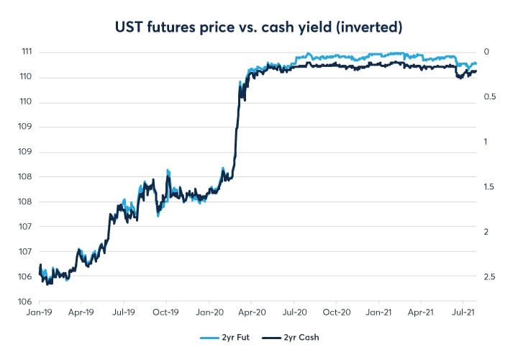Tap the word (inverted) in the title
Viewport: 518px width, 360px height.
click(x=368, y=27)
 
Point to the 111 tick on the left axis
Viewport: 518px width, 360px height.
click(x=24, y=52)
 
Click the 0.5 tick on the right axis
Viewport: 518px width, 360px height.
click(x=489, y=96)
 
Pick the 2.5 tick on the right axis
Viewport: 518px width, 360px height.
click(x=489, y=276)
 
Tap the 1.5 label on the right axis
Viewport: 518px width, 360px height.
click(x=489, y=186)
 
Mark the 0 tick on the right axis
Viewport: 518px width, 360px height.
click(x=486, y=52)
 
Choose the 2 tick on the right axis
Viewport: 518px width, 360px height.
click(x=486, y=232)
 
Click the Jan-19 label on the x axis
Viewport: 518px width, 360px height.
click(x=38, y=313)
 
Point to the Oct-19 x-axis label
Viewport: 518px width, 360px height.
click(x=166, y=313)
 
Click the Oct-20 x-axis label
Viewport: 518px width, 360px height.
click(x=337, y=313)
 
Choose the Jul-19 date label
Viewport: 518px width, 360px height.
click(x=124, y=313)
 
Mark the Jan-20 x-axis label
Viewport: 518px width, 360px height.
click(x=209, y=313)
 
